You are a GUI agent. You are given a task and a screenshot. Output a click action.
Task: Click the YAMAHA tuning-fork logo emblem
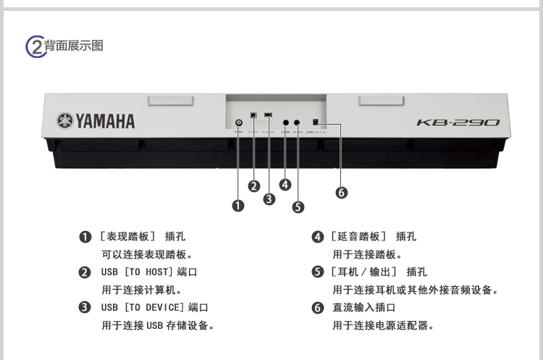tap(66, 121)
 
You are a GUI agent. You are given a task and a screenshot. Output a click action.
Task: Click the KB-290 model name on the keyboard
tap(458, 122)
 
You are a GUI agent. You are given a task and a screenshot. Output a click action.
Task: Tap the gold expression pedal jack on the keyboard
tap(239, 123)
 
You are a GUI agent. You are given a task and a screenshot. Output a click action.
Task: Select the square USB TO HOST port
tap(253, 115)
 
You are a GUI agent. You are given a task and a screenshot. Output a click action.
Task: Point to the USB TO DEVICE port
tap(269, 114)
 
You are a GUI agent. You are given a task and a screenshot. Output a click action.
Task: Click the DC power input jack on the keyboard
tap(316, 122)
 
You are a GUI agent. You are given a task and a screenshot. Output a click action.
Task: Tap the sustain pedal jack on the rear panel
tap(285, 122)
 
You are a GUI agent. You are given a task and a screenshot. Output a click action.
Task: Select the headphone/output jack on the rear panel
tap(297, 122)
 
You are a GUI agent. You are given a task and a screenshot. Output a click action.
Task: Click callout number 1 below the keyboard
tap(238, 206)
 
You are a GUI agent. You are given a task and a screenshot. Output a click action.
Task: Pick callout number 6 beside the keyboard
tap(341, 192)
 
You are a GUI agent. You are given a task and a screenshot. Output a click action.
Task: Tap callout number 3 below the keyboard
tap(269, 198)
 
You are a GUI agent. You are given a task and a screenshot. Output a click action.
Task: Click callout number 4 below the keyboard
tap(285, 184)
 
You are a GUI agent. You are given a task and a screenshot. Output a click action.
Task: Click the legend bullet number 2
tap(85, 272)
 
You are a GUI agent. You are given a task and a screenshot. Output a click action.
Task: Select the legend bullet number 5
tap(317, 272)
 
